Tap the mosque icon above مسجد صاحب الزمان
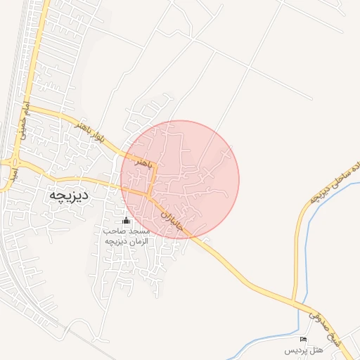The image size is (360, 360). [x=127, y=221]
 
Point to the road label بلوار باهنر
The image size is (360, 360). [x=91, y=133]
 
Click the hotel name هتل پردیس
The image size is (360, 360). [x=302, y=349]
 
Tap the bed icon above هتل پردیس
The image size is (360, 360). [x=304, y=340]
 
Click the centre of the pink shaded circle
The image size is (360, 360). [x=180, y=179]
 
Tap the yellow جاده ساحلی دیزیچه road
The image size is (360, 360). [x=304, y=232]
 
